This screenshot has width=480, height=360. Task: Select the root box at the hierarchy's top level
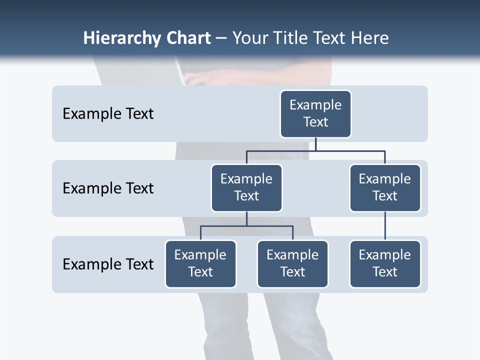[315, 114]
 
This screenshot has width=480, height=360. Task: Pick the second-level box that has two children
[246, 188]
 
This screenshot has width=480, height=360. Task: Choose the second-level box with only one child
[385, 188]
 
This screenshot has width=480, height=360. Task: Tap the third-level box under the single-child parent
[385, 264]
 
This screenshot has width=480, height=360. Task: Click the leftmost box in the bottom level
[200, 264]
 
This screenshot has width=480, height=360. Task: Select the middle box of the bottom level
[292, 264]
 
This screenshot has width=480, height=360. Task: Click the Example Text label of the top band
[108, 114]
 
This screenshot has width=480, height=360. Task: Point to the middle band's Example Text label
[108, 188]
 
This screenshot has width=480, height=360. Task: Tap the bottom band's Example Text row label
[108, 264]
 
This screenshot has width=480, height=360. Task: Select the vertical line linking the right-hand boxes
[385, 226]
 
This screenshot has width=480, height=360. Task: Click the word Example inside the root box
[315, 105]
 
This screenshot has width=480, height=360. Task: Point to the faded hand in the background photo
[205, 77]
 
